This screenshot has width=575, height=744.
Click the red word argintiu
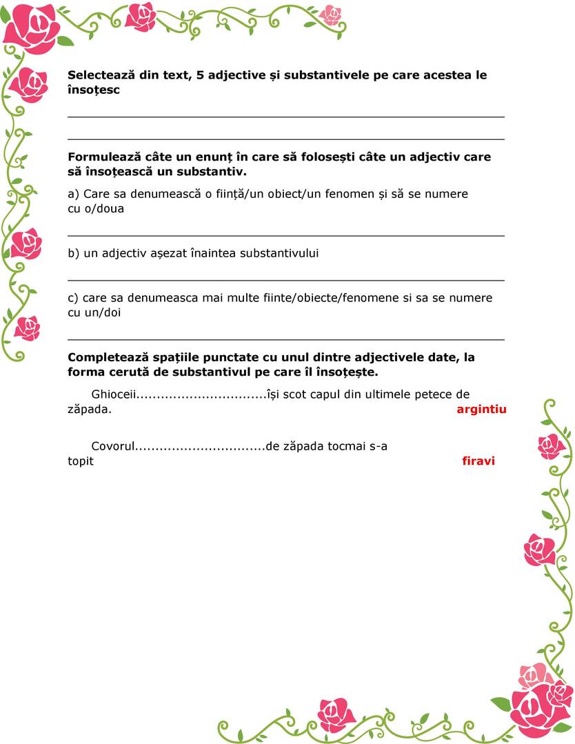pyautogui.click(x=481, y=409)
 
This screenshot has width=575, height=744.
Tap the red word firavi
pyautogui.click(x=478, y=461)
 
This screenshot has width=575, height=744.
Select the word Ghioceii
pyautogui.click(x=112, y=394)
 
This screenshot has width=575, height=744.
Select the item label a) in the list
pyautogui.click(x=73, y=194)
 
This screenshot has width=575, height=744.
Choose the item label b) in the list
pyautogui.click(x=74, y=253)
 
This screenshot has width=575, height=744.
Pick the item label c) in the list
pyautogui.click(x=73, y=298)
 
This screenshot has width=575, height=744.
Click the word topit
pyautogui.click(x=81, y=461)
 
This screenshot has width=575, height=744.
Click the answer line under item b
pyautogui.click(x=285, y=280)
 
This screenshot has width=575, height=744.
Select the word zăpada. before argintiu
pyautogui.click(x=90, y=409)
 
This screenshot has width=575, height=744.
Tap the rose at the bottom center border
pyautogui.click(x=336, y=714)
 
